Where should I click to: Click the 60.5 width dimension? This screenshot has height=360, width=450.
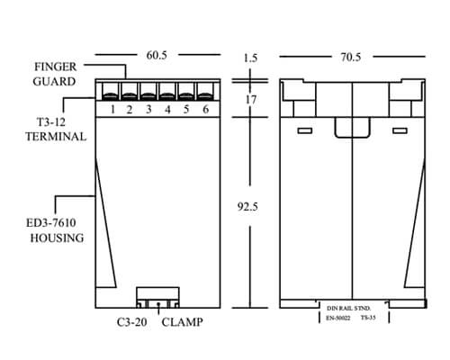coord(157,55)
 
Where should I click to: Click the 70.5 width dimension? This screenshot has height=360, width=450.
coord(351,57)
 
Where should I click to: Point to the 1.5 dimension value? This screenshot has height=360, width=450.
coord(250,58)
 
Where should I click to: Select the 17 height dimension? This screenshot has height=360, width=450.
coord(251,100)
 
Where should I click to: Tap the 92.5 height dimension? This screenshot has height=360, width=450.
coord(247,207)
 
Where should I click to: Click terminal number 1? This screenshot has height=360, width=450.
coord(112,110)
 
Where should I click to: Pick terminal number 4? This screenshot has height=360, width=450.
coord(167,110)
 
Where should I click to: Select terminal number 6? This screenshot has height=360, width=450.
coord(205,109)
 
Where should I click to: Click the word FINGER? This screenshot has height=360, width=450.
coord(56,67)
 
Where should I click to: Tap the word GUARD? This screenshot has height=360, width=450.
coord(54,82)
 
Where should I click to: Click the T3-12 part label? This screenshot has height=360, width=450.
coord(51,122)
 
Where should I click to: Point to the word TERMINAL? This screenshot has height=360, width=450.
coord(56,137)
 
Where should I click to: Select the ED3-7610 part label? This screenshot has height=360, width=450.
coord(51,223)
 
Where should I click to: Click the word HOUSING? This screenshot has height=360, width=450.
coord(57,238)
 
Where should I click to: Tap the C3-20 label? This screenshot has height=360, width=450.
coord(132,322)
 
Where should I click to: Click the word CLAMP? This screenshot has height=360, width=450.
coord(183,322)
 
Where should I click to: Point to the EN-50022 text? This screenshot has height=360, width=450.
coord(338,318)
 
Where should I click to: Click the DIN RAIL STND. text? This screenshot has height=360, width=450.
coord(348,309)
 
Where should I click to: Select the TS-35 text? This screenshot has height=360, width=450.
coord(368,318)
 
